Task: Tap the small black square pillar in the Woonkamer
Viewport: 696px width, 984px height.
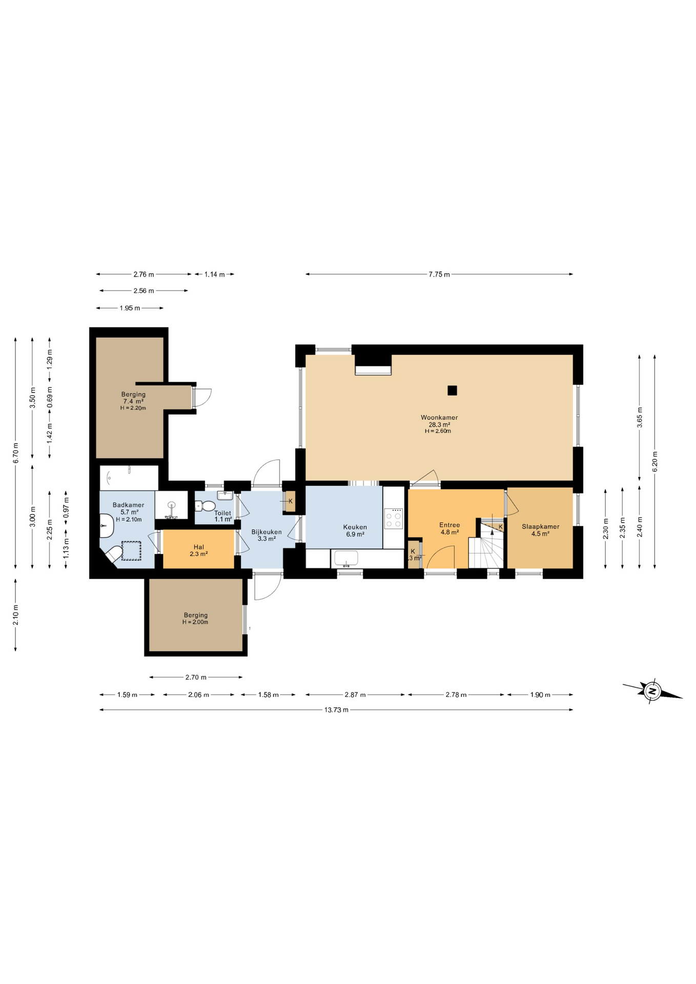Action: point(452,391)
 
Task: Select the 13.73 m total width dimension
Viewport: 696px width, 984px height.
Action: point(336,710)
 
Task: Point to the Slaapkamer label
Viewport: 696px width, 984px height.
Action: point(540,529)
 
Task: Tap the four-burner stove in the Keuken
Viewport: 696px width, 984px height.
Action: point(394,518)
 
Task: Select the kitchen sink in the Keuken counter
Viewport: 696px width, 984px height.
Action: point(346,558)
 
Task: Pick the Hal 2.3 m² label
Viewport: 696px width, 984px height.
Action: point(199,550)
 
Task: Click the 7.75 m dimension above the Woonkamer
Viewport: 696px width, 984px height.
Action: point(439,275)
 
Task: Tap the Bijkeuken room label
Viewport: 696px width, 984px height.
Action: point(267,535)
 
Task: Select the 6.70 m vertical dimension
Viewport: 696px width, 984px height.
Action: point(16,453)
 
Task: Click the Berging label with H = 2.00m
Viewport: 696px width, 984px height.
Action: point(195,618)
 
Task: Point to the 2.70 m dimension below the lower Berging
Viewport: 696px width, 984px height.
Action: point(196,678)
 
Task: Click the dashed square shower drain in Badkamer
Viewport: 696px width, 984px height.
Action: point(131,551)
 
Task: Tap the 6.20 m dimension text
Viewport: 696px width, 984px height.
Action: point(654,461)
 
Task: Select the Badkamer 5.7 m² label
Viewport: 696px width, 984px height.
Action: point(129,511)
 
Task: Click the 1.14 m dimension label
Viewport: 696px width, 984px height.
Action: point(214,275)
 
